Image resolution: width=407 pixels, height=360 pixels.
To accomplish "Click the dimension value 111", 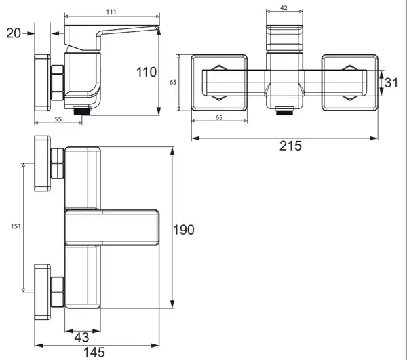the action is tap(111, 12).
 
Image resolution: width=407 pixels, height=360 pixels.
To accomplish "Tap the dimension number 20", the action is tap(14, 33).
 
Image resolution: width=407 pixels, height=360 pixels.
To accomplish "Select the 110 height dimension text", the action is tap(147, 72).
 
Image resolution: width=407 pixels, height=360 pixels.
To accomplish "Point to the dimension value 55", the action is tap(58, 119).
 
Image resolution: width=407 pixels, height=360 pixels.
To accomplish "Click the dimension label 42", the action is tap(284, 8).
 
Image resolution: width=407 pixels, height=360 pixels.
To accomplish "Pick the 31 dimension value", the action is tap(391, 83).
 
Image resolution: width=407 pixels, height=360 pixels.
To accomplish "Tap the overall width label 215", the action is tap(290, 146).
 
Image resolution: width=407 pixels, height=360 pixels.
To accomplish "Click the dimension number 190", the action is tap(184, 230).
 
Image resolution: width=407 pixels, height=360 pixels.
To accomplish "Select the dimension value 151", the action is tap(16, 226).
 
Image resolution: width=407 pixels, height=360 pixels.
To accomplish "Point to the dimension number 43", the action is tap(82, 337).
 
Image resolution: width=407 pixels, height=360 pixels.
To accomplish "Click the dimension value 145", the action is tap(94, 353).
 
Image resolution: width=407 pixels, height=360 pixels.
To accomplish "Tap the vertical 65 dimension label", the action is tap(173, 82).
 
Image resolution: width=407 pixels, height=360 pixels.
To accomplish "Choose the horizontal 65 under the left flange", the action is tap(219, 117).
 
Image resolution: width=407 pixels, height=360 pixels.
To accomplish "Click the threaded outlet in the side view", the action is tap(82, 111).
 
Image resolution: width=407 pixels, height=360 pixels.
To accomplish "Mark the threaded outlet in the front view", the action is tap(285, 111).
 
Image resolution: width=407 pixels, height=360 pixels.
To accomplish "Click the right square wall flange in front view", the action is tap(350, 83).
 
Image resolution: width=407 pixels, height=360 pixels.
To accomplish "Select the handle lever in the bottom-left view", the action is tap(112, 228).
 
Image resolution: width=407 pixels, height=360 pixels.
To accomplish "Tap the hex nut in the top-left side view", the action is tap(58, 83).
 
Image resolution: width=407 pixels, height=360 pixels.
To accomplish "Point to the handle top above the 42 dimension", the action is tap(285, 37).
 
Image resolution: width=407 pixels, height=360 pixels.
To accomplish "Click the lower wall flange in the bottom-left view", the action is tap(43, 292).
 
